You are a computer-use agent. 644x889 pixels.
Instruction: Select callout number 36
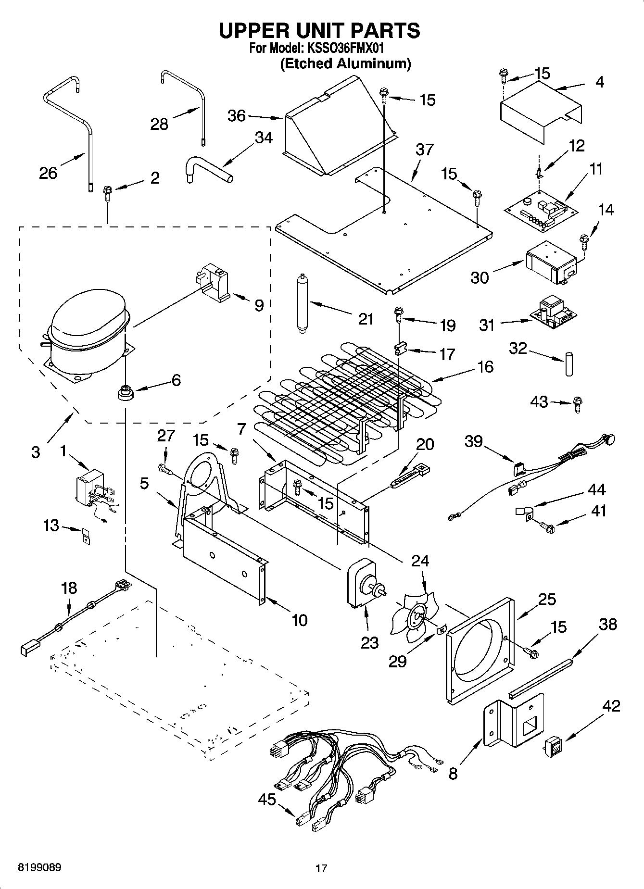point(236,116)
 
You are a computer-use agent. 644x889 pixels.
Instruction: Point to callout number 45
point(266,799)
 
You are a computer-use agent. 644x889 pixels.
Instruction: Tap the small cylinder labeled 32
point(569,364)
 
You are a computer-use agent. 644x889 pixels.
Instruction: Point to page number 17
point(321,868)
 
